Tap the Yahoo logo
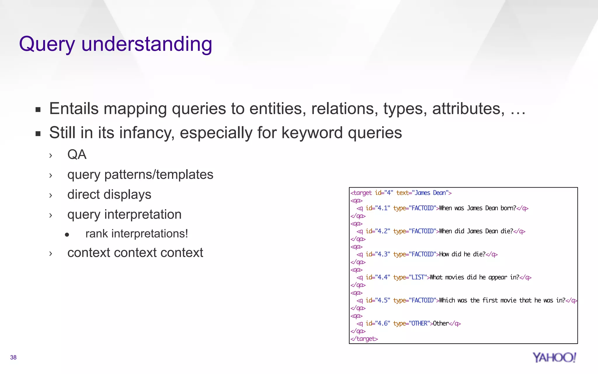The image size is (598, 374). [x=554, y=357]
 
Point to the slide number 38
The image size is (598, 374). [x=13, y=357]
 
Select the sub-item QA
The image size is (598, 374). [x=77, y=155]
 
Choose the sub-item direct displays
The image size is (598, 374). [x=109, y=195]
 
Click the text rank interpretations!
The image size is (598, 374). [x=137, y=234]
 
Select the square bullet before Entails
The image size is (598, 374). [x=38, y=110]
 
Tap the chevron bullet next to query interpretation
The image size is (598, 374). [x=51, y=216]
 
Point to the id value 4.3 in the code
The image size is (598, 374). [x=382, y=254]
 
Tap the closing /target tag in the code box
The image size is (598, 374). [x=364, y=339]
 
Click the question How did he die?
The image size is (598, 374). [x=462, y=254]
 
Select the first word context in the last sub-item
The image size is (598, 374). [x=88, y=253]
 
